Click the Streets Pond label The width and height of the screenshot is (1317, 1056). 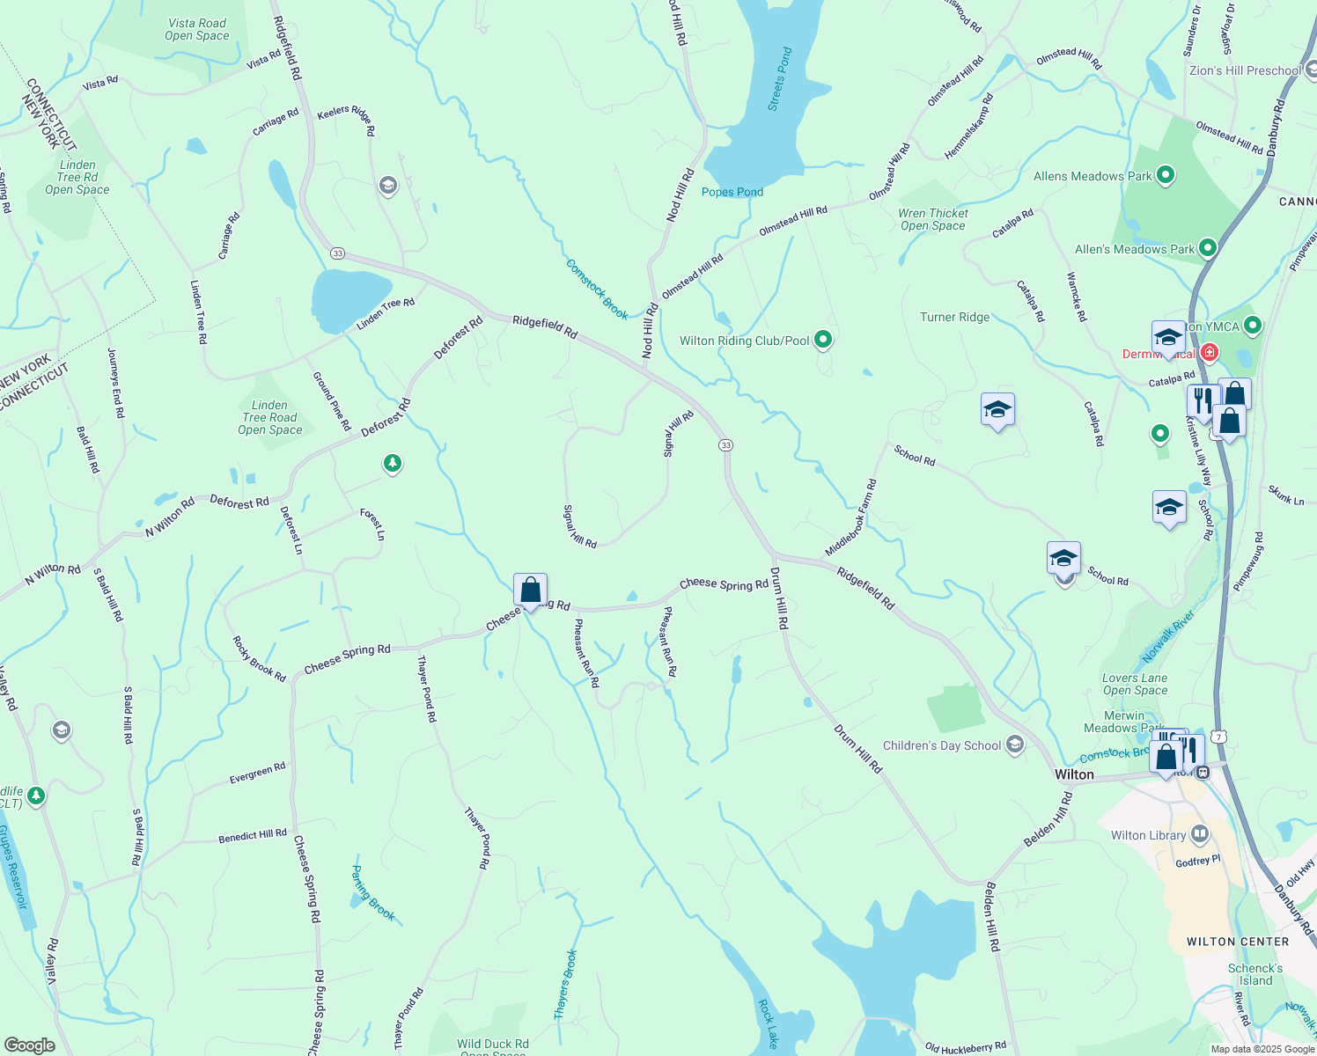tap(780, 79)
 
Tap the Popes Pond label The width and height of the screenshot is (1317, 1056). tap(732, 192)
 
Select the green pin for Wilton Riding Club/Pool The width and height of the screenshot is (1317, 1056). tap(823, 340)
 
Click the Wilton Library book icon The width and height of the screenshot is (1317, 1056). tap(1199, 834)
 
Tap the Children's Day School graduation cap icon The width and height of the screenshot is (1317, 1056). tap(1015, 745)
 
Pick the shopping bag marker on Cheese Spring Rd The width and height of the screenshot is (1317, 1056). tap(530, 590)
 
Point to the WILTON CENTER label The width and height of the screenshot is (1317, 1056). tap(1238, 942)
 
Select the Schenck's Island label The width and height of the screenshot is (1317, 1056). tap(1255, 974)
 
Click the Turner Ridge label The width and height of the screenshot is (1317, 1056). tap(954, 317)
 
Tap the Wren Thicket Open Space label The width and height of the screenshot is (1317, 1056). tap(933, 219)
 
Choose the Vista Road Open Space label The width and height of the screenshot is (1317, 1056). tap(197, 30)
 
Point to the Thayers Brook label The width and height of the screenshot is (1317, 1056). tap(566, 985)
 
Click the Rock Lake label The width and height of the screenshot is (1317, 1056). tap(768, 1023)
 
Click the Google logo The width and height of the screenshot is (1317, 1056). tap(30, 1045)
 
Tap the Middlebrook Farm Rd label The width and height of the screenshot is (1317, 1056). tap(851, 517)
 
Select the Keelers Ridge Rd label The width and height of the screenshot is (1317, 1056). tap(346, 119)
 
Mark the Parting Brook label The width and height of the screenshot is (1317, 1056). tap(373, 892)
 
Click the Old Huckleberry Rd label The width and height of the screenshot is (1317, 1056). tap(966, 1047)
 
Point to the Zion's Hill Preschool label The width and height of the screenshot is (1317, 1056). tap(1245, 70)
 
